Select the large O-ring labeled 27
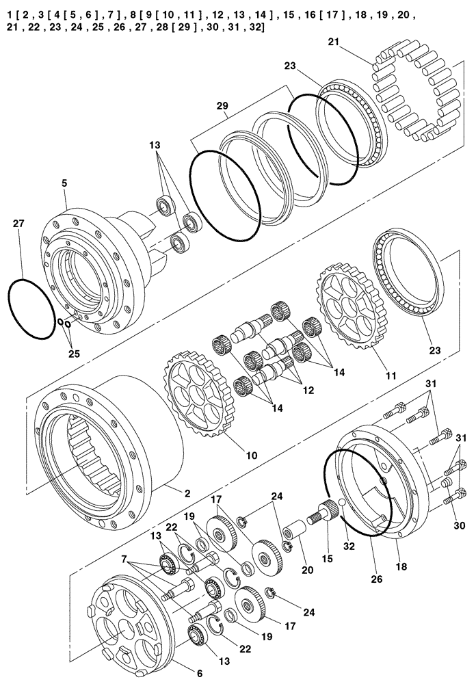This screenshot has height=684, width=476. click(x=31, y=308)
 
